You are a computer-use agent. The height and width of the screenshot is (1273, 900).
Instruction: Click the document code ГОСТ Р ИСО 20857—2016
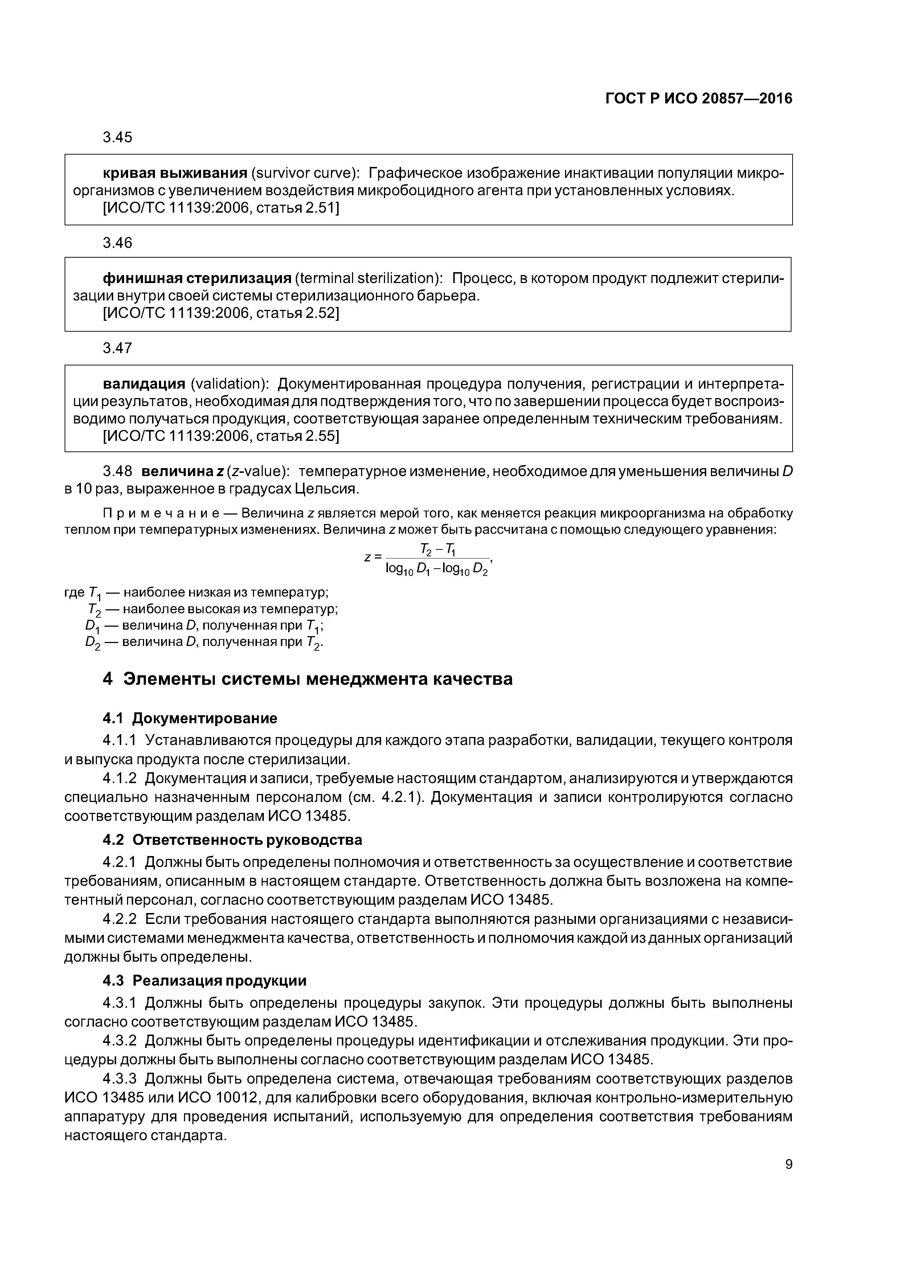(x=698, y=99)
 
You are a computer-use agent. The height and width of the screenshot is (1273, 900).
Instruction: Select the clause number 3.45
(x=118, y=137)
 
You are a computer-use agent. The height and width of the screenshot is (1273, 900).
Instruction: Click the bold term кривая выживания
(x=175, y=173)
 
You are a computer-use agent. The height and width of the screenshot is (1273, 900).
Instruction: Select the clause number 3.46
(x=118, y=243)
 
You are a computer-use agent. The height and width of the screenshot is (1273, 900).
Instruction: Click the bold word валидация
(x=144, y=384)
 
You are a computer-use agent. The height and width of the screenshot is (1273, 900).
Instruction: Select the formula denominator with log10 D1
(x=437, y=569)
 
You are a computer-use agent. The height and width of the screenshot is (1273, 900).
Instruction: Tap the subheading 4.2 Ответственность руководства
(x=232, y=840)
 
